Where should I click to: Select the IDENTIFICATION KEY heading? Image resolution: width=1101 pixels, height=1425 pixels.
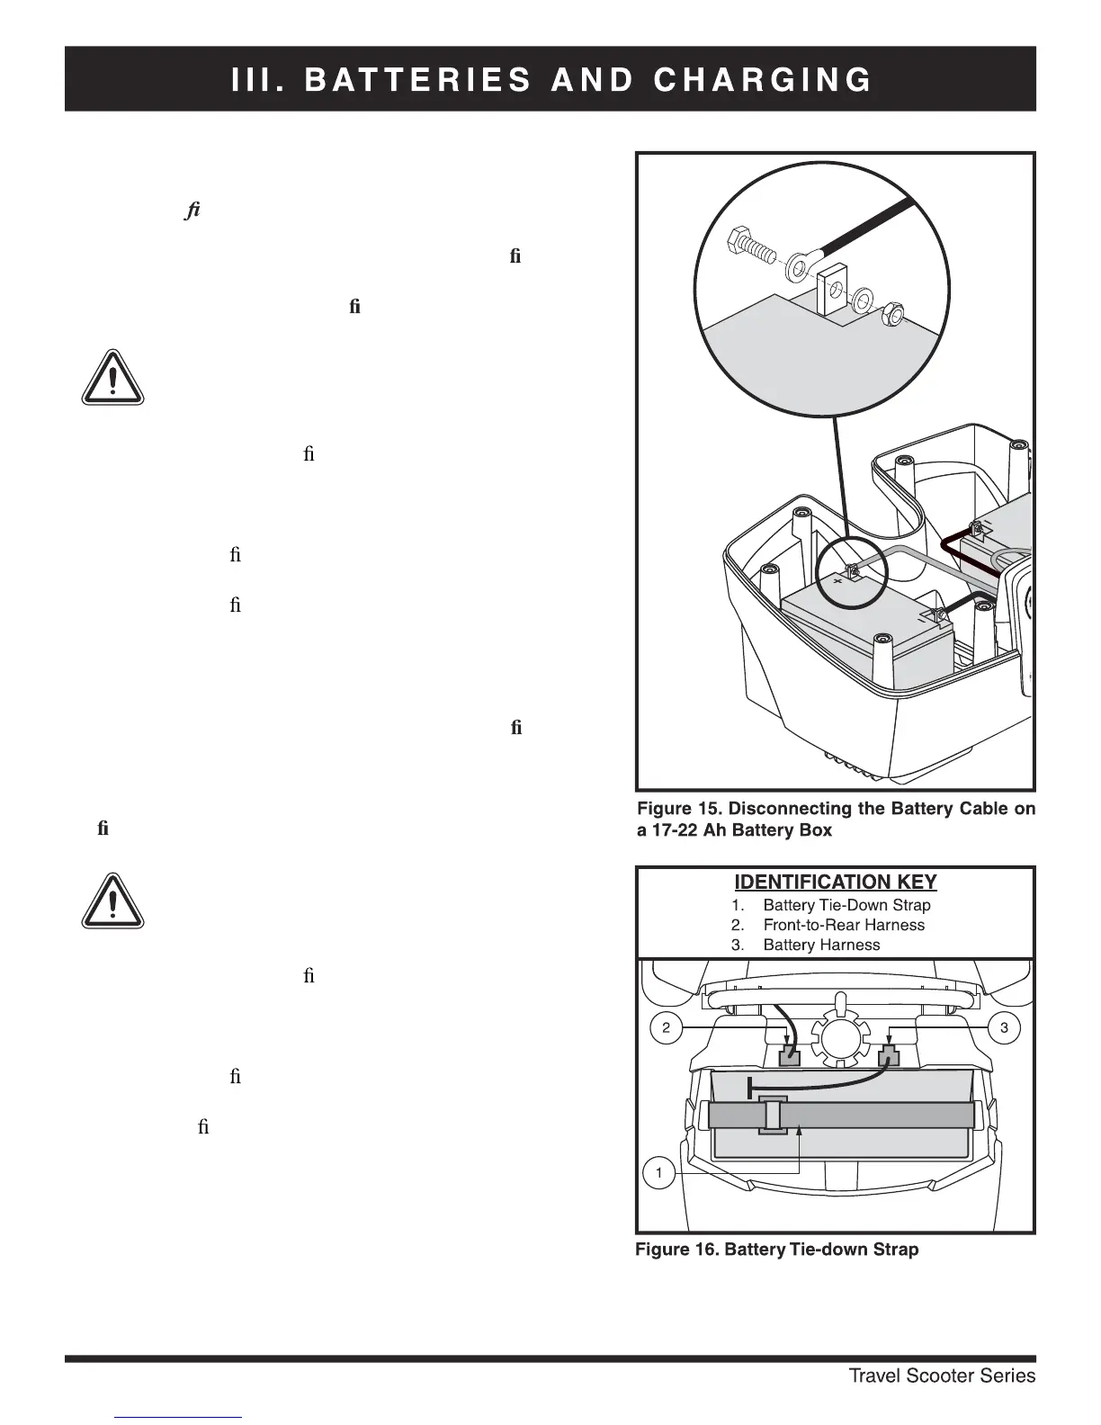click(x=836, y=883)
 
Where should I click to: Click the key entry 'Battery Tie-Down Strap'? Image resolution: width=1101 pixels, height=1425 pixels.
click(x=846, y=905)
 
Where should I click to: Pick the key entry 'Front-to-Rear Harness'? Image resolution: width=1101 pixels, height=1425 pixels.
click(x=843, y=925)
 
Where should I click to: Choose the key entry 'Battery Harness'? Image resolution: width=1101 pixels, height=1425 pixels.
click(x=821, y=945)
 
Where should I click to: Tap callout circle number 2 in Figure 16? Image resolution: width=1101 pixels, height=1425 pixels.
click(x=666, y=1028)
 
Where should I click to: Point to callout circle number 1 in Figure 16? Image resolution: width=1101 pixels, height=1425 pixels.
click(x=659, y=1173)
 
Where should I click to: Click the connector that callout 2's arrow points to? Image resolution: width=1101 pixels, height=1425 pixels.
click(x=789, y=1055)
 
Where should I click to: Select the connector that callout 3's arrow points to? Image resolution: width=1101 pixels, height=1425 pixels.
click(x=889, y=1054)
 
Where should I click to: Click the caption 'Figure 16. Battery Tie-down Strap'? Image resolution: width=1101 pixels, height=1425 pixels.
click(x=776, y=1250)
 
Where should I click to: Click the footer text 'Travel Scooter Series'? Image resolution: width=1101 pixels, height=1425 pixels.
click(x=942, y=1376)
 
